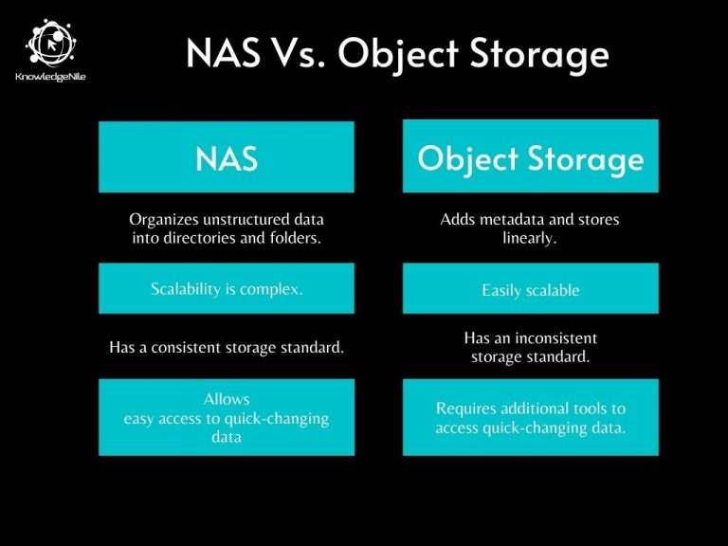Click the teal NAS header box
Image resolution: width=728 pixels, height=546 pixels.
click(x=227, y=156)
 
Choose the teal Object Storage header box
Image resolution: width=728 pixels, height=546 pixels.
click(x=530, y=156)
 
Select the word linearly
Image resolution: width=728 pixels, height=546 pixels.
click(x=530, y=238)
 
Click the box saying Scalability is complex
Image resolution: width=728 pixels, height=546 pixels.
click(x=227, y=288)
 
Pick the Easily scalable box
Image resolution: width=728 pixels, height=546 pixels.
click(x=530, y=289)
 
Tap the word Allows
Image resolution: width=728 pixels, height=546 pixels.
click(x=227, y=400)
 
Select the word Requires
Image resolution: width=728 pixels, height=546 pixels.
click(x=465, y=409)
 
